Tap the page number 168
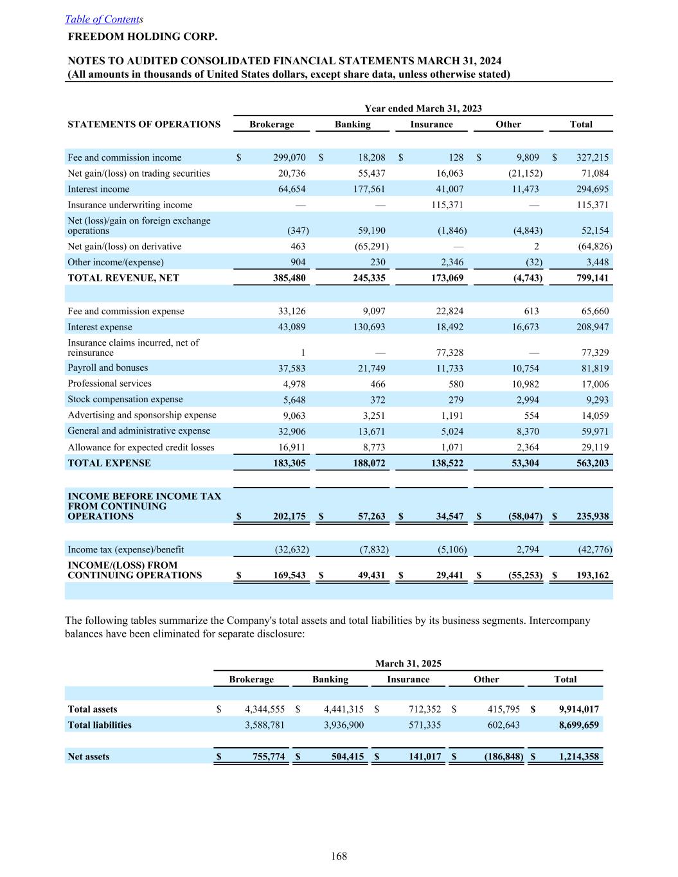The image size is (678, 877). pyautogui.click(x=339, y=856)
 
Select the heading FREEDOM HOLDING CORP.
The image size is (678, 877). pyautogui.click(x=143, y=37)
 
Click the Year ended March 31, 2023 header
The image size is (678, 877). pyautogui.click(x=423, y=109)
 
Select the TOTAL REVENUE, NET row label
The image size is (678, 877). pyautogui.click(x=123, y=278)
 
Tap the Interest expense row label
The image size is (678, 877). pyautogui.click(x=100, y=327)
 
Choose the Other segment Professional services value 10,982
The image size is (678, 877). pyautogui.click(x=522, y=384)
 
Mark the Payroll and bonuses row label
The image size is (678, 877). pyautogui.click(x=108, y=368)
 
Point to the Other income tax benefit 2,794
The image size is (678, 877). pyautogui.click(x=526, y=550)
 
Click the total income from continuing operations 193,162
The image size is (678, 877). pyautogui.click(x=592, y=576)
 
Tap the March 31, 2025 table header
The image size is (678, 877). pyautogui.click(x=408, y=664)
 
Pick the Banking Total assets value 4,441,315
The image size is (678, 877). pyautogui.click(x=344, y=709)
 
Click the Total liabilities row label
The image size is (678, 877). pyautogui.click(x=100, y=725)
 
